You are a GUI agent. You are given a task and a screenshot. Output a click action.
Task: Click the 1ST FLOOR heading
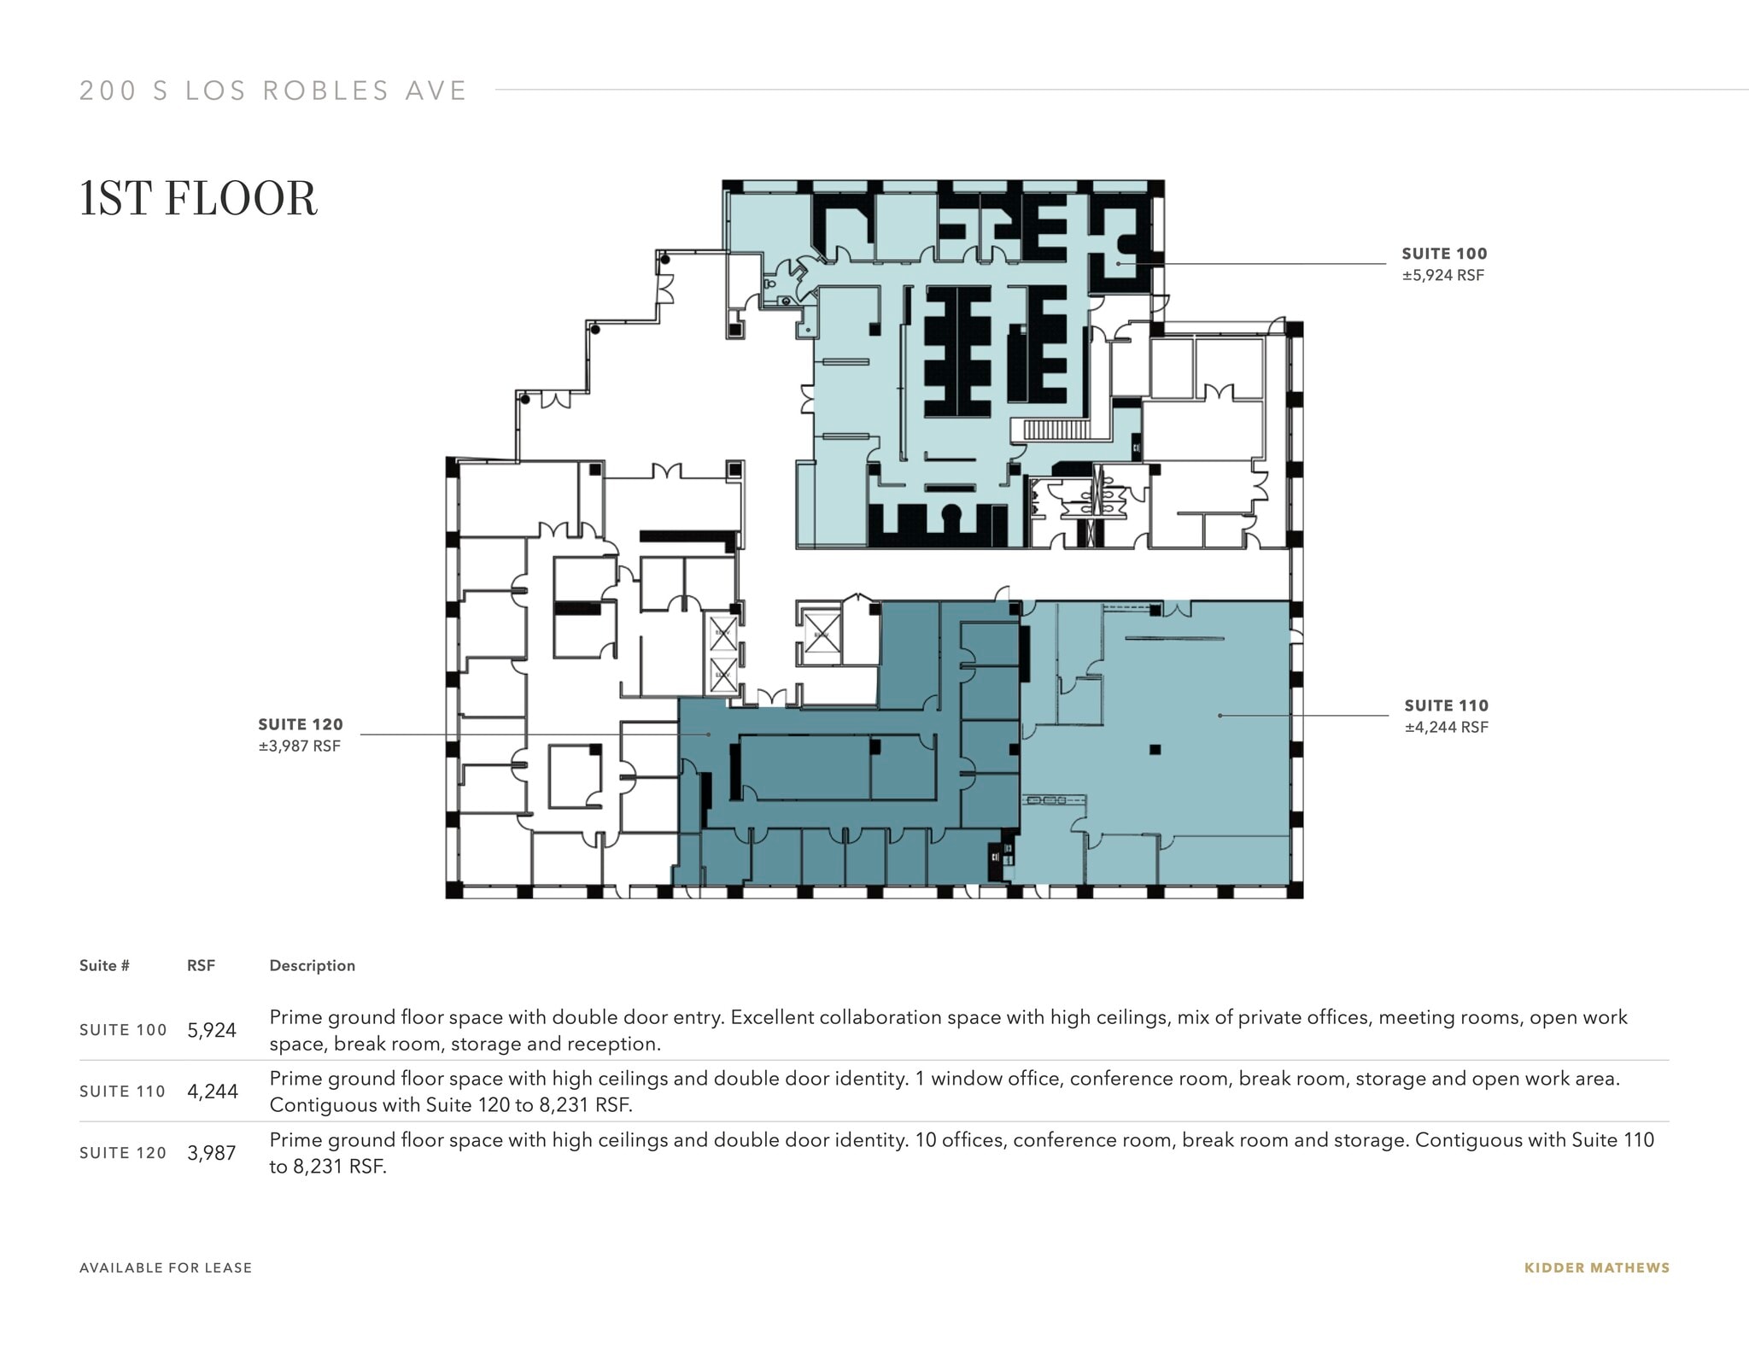point(198,199)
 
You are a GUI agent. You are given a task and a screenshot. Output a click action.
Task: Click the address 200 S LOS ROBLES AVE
point(273,91)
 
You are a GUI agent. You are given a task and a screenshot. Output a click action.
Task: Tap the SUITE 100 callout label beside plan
point(1444,254)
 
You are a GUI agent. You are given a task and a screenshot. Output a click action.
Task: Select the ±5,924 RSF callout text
point(1442,275)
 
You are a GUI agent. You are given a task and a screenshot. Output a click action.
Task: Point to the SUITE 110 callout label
point(1446,705)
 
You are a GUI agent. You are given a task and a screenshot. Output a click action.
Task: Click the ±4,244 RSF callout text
point(1446,727)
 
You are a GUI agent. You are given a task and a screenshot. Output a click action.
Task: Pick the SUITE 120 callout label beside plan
point(300,724)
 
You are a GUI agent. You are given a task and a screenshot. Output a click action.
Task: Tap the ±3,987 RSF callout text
point(299,746)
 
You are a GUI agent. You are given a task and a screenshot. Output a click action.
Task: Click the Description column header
point(312,965)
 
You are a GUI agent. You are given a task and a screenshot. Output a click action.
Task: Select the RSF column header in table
point(201,965)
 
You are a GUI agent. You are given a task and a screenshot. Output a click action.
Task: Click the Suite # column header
point(104,965)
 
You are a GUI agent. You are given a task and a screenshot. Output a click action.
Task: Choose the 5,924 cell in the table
point(211,1030)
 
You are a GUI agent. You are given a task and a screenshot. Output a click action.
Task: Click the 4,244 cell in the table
point(212,1092)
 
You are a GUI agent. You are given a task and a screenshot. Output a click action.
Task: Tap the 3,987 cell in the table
point(211,1153)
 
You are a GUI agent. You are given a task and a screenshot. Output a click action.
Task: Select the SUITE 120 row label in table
point(122,1153)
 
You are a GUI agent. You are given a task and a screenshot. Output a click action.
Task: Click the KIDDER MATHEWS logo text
point(1596,1268)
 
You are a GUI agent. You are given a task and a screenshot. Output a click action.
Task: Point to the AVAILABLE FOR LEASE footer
point(166,1268)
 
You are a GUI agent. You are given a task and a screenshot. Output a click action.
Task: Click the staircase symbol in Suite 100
point(1056,430)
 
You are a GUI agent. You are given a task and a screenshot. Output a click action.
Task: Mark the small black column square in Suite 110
point(1155,750)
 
